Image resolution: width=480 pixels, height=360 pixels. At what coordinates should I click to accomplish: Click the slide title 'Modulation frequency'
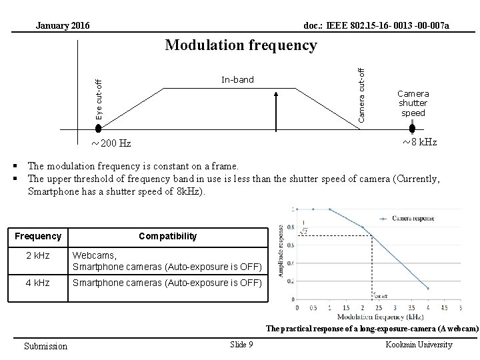coord(241,45)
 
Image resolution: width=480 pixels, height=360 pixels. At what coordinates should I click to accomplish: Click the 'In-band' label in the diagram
coord(237,80)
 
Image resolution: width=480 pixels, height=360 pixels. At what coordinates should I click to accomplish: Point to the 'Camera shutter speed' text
coord(413,103)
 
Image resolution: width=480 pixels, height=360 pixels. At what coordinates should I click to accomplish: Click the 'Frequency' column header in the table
coord(38,236)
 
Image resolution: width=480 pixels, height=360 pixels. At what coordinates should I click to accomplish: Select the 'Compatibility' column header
coord(167,236)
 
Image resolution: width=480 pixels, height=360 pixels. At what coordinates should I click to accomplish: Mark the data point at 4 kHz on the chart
coord(427,289)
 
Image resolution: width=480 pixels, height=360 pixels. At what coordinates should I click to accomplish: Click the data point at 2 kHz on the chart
coord(363,227)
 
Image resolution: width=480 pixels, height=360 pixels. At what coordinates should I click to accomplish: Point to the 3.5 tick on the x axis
coord(411,307)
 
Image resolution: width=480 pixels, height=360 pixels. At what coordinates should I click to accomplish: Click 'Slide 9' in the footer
coord(241,344)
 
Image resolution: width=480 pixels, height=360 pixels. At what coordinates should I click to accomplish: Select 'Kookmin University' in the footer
coord(419,344)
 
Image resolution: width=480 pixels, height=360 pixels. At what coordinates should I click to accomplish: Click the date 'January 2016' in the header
coord(62,26)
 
